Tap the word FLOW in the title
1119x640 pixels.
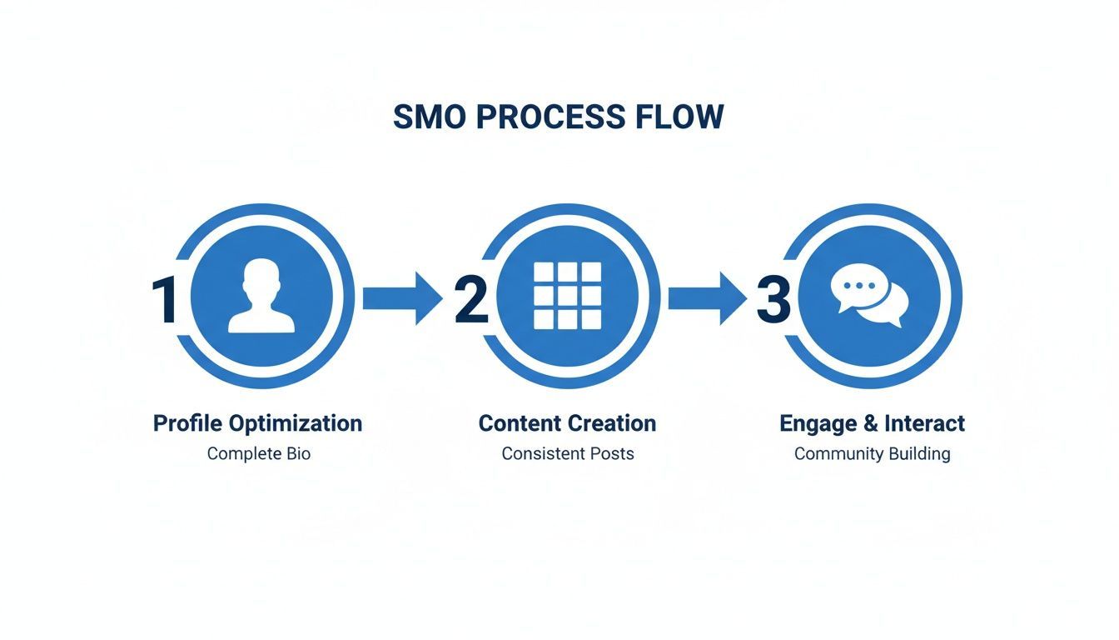(680, 117)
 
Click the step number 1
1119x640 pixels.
(165, 300)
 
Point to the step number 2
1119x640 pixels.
(470, 300)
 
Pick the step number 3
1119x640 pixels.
(773, 300)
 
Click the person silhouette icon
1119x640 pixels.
(261, 297)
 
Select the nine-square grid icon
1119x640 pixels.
(567, 296)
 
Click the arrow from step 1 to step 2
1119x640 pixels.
(402, 297)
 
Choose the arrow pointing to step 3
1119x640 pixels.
(707, 297)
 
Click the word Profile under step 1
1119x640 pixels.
(187, 423)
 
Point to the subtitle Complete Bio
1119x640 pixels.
(258, 454)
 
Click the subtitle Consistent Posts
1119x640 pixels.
(567, 454)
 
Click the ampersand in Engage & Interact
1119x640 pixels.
(870, 423)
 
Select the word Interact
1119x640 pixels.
(924, 423)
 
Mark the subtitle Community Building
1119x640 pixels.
(872, 454)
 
